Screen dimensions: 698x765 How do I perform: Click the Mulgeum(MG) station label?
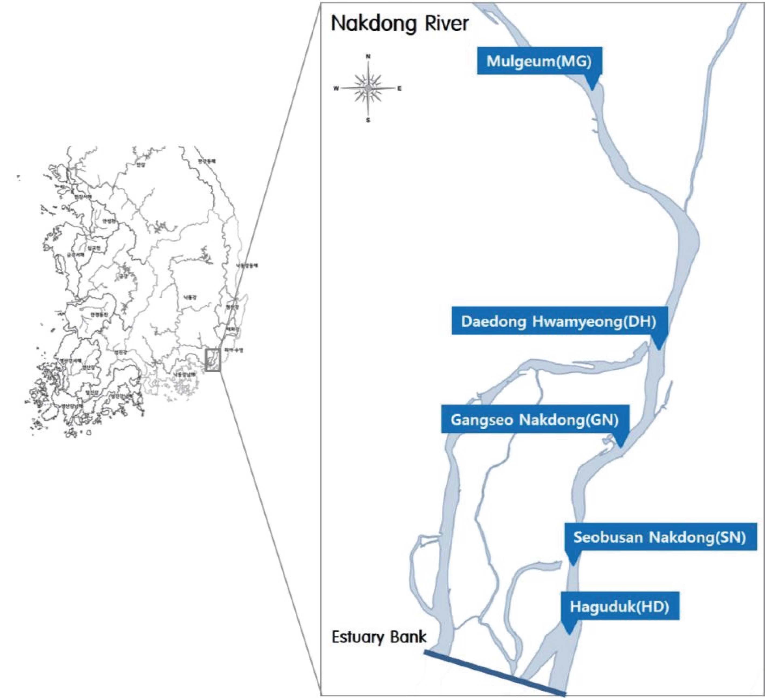point(539,61)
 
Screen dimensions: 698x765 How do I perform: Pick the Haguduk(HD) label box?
point(619,607)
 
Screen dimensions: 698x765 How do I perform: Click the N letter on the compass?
point(368,57)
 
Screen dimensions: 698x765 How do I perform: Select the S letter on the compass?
point(368,121)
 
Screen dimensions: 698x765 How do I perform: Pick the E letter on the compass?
point(399,89)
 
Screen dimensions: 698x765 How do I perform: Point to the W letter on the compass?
point(336,89)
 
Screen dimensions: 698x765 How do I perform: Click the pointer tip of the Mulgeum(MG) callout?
point(592,90)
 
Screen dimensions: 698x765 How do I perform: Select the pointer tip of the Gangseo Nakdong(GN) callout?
point(621,448)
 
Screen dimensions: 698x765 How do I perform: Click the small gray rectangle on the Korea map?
point(213,360)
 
